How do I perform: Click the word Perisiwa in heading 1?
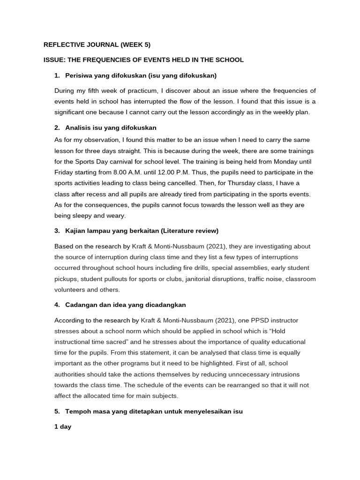(78, 75)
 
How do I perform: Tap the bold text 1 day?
(63, 427)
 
